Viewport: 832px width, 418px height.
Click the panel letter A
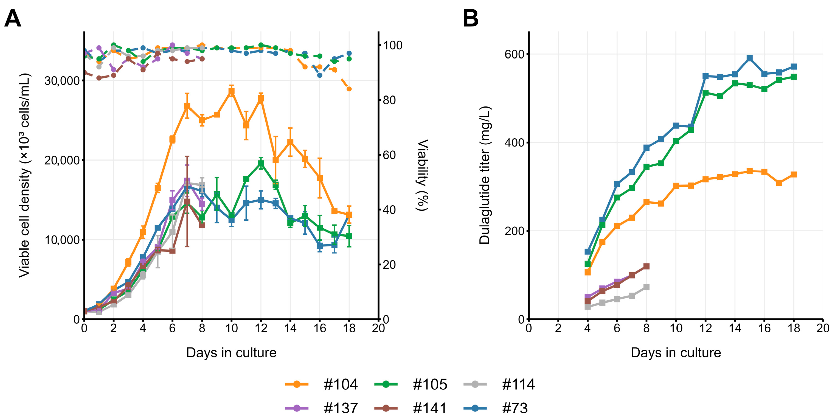[x=13, y=18]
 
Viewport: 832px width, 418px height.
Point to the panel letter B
[x=470, y=18]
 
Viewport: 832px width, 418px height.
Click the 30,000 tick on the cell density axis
[x=62, y=80]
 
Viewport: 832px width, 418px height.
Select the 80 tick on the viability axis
[x=389, y=100]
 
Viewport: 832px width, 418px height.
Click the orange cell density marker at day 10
[x=231, y=92]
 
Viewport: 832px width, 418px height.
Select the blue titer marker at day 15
[x=750, y=58]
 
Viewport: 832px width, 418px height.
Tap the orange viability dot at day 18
[x=349, y=89]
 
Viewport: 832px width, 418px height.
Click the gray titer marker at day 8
[x=646, y=287]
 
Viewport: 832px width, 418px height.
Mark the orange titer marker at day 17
[x=779, y=183]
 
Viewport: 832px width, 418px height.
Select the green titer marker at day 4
[x=588, y=264]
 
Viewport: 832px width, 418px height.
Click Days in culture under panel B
[x=676, y=352]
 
